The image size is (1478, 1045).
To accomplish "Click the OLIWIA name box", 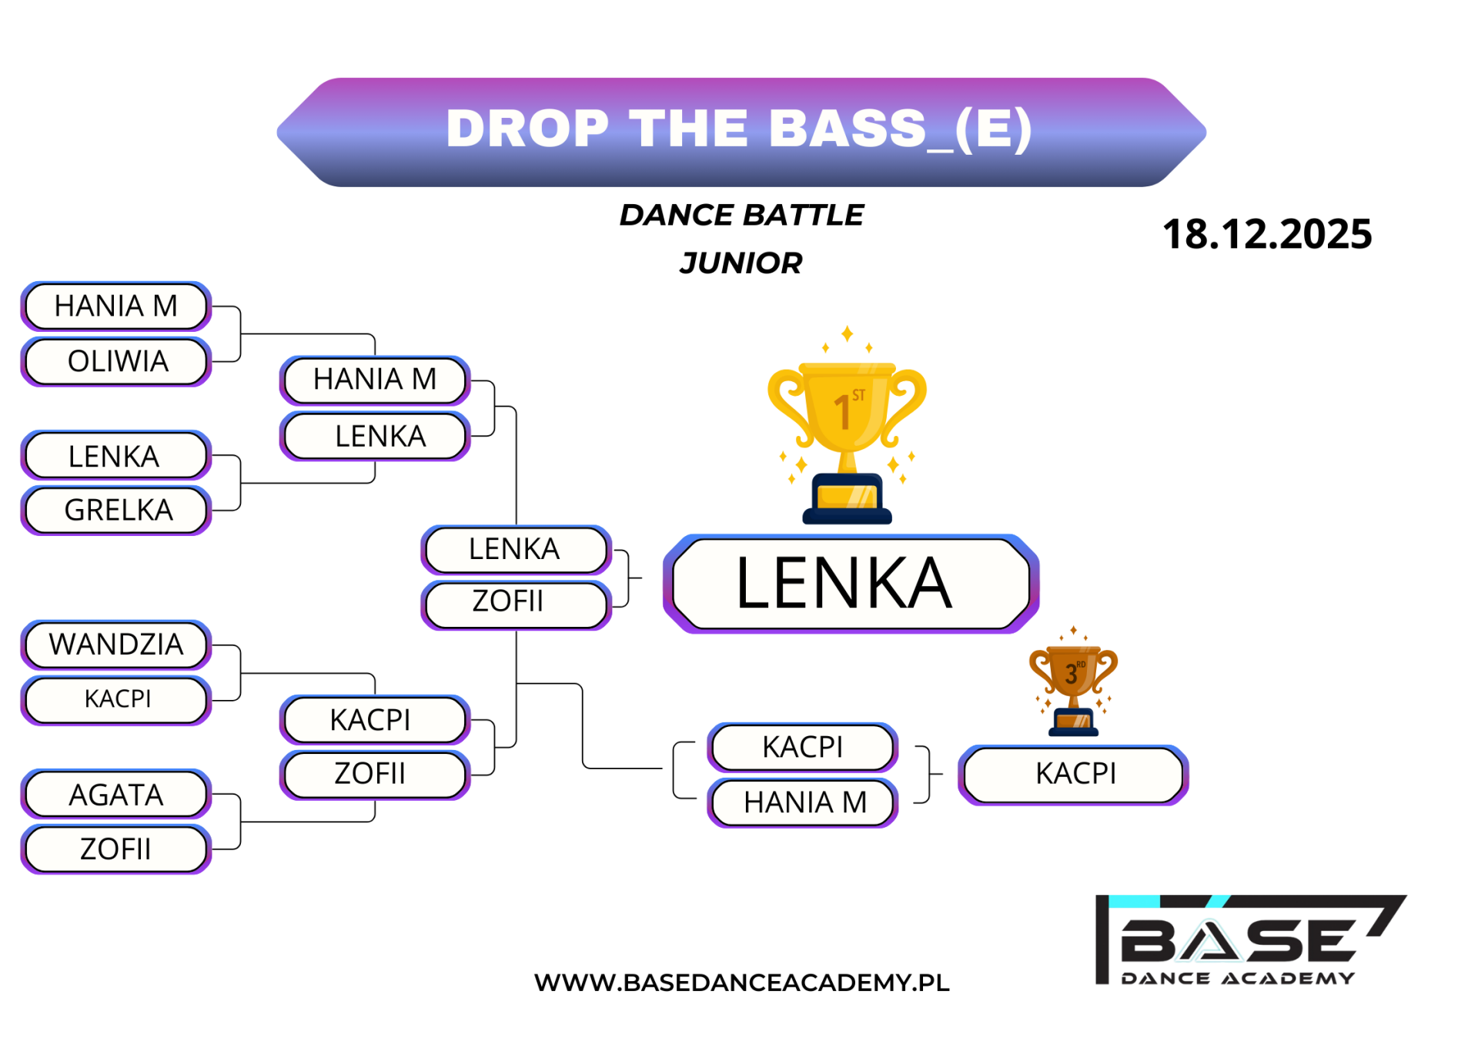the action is [116, 361].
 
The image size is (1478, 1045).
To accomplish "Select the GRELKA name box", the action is [116, 510].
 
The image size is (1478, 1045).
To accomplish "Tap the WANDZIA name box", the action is [116, 645].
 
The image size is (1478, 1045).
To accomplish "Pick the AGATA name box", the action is [116, 794].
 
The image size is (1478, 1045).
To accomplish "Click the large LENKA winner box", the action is [851, 584].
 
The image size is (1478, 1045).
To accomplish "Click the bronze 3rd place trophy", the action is [1073, 682].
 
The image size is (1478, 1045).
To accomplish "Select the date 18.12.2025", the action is [1267, 234].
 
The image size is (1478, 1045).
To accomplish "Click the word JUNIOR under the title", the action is [741, 263].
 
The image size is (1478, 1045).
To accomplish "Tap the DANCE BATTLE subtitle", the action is [741, 215].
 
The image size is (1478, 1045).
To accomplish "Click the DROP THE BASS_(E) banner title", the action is [739, 128].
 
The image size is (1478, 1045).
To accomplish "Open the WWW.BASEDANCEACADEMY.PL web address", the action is [741, 983].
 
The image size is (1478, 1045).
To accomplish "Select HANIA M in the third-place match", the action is [803, 802].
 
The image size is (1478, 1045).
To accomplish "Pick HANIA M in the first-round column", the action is [116, 306].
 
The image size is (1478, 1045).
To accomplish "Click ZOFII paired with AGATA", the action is [116, 849].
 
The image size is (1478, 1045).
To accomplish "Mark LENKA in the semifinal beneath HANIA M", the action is [375, 436].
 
